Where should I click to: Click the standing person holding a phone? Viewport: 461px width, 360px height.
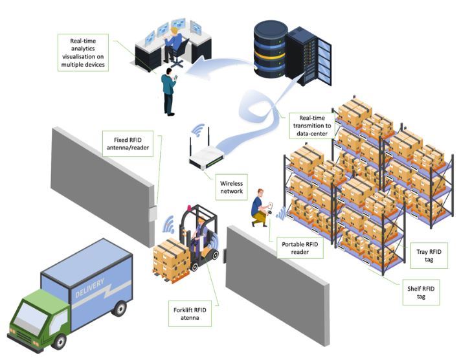tap(169, 95)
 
